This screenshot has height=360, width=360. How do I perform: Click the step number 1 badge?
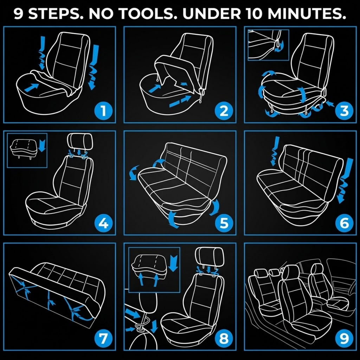[x=104, y=111]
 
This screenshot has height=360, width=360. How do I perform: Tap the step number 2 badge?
[x=224, y=111]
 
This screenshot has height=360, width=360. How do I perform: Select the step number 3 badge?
[x=344, y=111]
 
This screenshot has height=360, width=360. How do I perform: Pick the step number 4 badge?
[x=104, y=223]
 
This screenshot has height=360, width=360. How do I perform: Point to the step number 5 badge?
[x=224, y=223]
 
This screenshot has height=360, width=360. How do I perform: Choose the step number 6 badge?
[x=344, y=223]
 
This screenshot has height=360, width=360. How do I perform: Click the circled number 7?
[x=104, y=339]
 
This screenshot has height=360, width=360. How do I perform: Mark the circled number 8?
[x=224, y=339]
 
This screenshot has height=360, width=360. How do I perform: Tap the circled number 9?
[x=344, y=339]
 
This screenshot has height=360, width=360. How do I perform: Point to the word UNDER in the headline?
[x=212, y=14]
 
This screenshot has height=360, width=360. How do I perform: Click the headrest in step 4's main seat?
[x=80, y=141]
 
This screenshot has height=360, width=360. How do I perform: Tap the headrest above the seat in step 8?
[x=209, y=256]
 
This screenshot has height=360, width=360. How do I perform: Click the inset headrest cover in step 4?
[x=24, y=148]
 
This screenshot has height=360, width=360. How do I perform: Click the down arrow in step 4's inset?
[x=42, y=146]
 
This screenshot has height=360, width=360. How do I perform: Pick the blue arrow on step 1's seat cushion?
[x=31, y=88]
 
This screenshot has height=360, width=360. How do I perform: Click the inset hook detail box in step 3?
[x=268, y=45]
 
